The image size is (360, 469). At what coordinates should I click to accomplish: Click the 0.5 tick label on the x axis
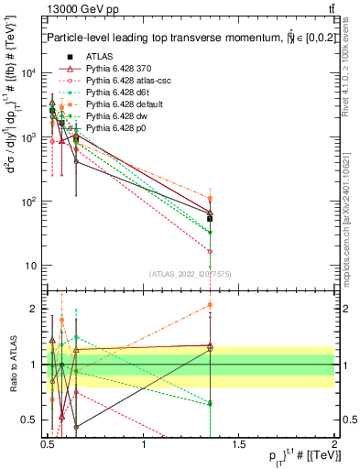(x=48, y=449)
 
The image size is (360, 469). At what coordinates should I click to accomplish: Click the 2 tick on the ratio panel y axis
(x=36, y=309)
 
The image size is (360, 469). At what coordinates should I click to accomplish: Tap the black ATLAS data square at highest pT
(x=210, y=219)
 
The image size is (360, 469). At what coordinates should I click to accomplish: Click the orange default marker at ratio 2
(x=210, y=305)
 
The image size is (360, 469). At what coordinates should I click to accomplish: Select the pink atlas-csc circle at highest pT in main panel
(x=210, y=251)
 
